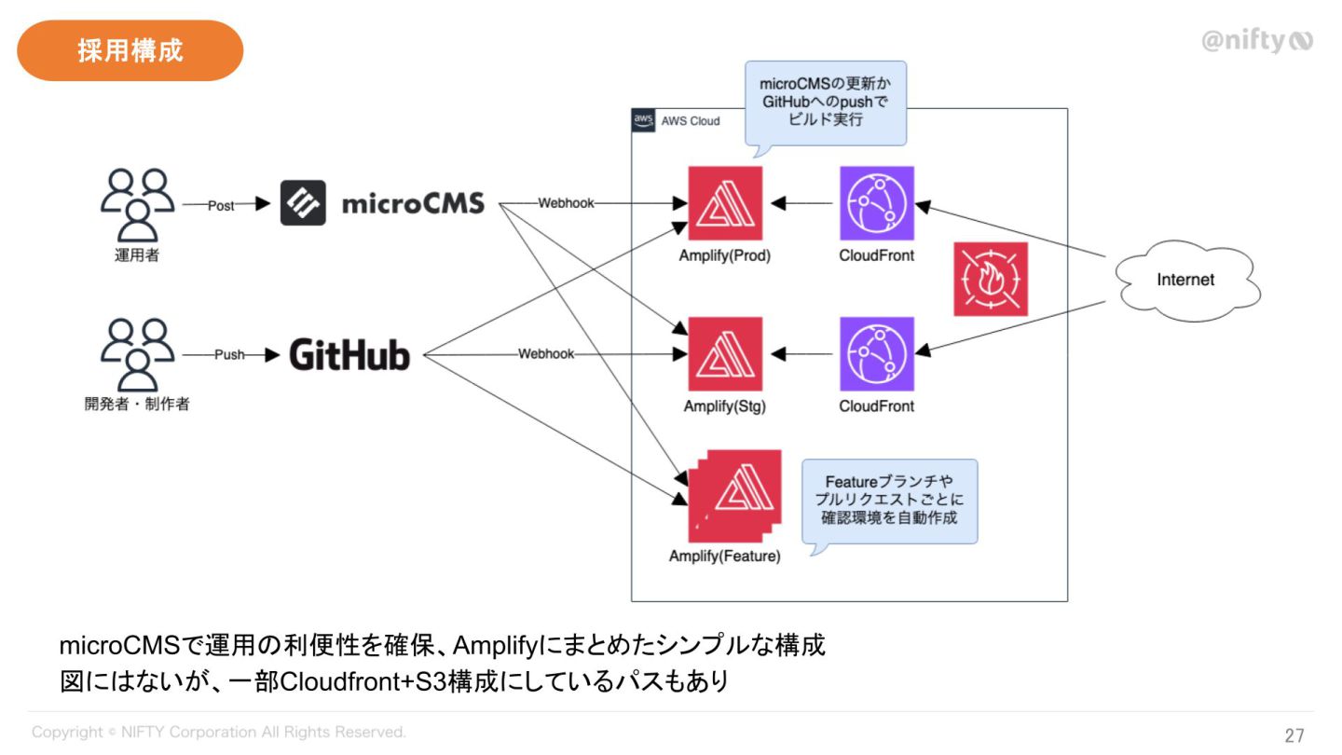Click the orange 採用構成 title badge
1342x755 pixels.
pyautogui.click(x=130, y=50)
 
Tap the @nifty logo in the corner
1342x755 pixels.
pyautogui.click(x=1256, y=41)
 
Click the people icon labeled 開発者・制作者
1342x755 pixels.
pyautogui.click(x=137, y=355)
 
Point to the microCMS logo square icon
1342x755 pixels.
pyautogui.click(x=303, y=203)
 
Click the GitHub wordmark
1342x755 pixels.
pyautogui.click(x=349, y=355)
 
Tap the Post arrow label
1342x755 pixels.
pyautogui.click(x=221, y=206)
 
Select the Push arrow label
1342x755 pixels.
pyautogui.click(x=229, y=355)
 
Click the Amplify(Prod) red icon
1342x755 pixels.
pyautogui.click(x=725, y=203)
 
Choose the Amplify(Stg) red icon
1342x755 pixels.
pyautogui.click(x=725, y=354)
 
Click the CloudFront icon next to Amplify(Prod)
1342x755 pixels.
pyautogui.click(x=876, y=203)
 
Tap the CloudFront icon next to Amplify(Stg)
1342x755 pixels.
pyautogui.click(x=876, y=354)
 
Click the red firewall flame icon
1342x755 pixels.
pyautogui.click(x=991, y=279)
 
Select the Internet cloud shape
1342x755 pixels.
pyautogui.click(x=1185, y=280)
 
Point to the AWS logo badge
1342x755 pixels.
pyautogui.click(x=643, y=120)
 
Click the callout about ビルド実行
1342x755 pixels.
pyautogui.click(x=826, y=103)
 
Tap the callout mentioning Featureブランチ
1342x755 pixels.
pyautogui.click(x=890, y=501)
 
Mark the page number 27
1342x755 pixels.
pyautogui.click(x=1294, y=735)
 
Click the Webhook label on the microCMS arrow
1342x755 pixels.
pyautogui.click(x=566, y=203)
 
